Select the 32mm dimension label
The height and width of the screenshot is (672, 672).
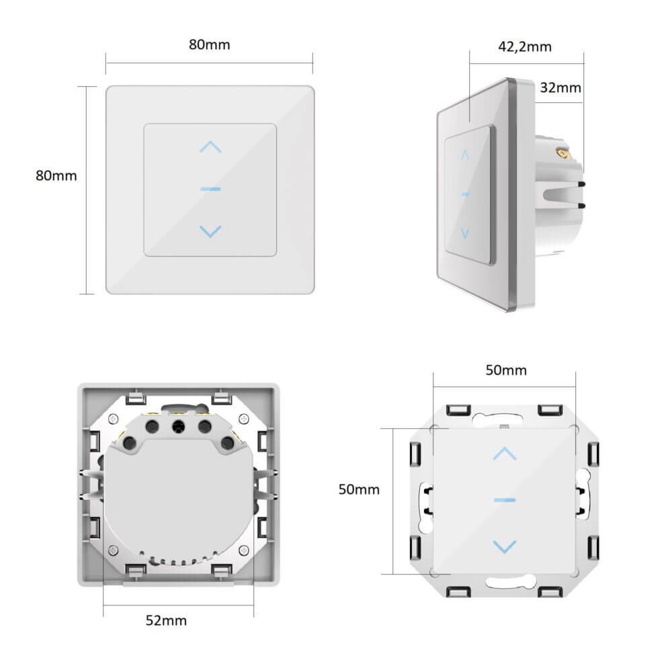tap(560, 87)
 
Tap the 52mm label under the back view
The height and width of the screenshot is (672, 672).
tap(166, 620)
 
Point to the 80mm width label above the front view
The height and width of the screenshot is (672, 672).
tap(209, 45)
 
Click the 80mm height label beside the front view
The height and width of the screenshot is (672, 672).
tap(56, 175)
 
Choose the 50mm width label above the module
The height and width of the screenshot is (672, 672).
tap(506, 370)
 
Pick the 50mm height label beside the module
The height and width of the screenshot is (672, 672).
tap(358, 489)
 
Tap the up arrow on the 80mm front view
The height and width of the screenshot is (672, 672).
tap(210, 146)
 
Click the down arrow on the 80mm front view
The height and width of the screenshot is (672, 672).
tap(210, 231)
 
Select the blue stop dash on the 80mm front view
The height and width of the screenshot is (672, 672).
tap(210, 189)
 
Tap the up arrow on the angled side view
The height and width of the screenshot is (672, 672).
tap(464, 155)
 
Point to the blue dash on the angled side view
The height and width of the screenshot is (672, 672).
tap(464, 193)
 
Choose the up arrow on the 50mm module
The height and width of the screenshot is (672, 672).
tap(504, 454)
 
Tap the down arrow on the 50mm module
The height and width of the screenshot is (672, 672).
tap(504, 545)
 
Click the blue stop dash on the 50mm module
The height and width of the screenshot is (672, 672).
tap(504, 500)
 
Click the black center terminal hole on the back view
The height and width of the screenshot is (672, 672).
tap(179, 425)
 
